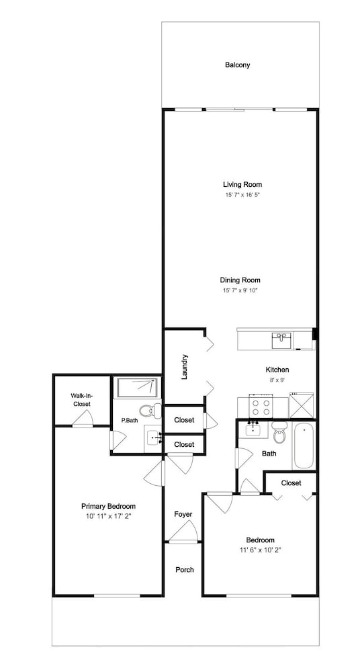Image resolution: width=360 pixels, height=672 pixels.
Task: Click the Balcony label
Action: coord(238,65)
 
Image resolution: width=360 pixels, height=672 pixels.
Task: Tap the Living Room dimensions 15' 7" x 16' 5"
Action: coord(242,195)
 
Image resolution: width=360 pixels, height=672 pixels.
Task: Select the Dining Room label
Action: coord(240,280)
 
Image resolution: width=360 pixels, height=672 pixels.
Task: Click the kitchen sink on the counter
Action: coord(281,341)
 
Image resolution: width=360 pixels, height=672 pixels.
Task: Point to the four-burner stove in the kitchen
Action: coord(261,407)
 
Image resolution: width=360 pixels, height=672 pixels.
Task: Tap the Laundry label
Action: coord(185,367)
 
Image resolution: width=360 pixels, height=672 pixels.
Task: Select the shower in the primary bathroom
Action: coord(137,386)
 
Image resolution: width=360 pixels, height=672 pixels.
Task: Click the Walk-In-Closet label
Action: coord(81,400)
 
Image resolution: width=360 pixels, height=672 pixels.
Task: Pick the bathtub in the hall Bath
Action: coord(304,446)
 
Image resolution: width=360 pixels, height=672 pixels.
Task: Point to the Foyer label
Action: coord(183,514)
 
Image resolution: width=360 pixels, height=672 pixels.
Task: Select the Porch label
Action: coord(185,570)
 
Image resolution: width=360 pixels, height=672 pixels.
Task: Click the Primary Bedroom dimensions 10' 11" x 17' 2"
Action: coord(108,517)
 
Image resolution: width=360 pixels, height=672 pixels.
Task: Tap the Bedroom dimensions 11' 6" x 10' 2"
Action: coord(260,550)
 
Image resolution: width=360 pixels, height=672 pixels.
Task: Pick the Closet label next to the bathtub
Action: coord(291,483)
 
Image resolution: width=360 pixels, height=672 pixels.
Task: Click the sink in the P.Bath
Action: coord(153,437)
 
